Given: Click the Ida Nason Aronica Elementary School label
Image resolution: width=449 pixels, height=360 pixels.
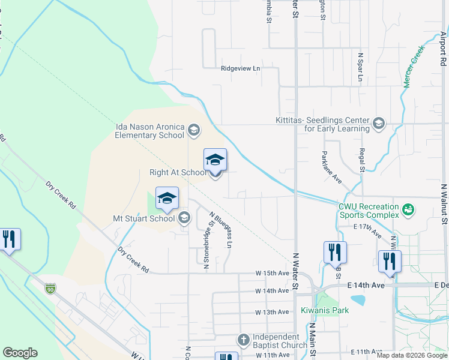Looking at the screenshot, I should coord(150,131).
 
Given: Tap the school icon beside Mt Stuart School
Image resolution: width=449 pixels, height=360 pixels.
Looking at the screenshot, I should coord(184,218).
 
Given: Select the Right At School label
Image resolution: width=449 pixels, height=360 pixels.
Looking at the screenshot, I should coord(177,173).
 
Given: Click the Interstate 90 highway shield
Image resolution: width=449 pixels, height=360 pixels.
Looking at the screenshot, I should coord(50,289).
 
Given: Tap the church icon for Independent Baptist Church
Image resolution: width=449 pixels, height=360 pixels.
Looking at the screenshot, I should coord(244,341).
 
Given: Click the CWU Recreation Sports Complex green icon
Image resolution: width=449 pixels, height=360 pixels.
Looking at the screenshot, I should coord(409,209).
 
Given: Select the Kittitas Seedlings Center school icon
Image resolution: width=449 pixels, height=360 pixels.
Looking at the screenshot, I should coord(378,124).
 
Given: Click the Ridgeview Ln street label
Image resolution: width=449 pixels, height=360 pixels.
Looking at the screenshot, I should coord(240,69).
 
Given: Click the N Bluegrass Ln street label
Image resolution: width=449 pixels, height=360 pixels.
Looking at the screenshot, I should coord(220,230).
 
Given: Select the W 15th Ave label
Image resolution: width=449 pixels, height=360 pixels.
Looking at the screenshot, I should coord(272,273).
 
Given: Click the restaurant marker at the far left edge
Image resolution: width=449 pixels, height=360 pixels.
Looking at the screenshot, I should coord(8,239).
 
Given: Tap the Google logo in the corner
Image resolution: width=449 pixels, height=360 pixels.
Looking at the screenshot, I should coord(20,352).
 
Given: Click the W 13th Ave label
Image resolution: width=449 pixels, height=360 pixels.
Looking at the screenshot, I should coord(272,312).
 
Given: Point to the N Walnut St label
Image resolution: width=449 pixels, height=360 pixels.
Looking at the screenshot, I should coord(444,204).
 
